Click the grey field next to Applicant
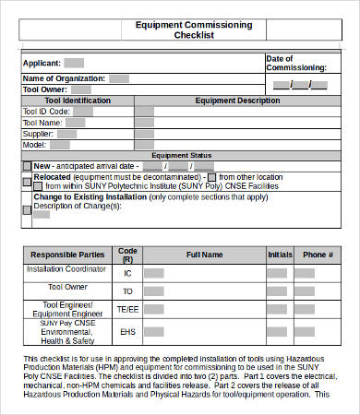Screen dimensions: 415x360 74,63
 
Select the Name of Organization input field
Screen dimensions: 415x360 119,78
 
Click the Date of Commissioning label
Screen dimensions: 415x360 295,63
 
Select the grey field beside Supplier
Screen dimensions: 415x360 67,133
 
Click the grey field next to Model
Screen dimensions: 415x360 60,144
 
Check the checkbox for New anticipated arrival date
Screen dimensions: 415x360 27,166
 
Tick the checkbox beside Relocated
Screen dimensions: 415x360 27,180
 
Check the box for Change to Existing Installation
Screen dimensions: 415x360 27,209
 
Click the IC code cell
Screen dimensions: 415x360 127,273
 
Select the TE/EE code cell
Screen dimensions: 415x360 127,309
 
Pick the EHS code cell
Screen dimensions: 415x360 127,331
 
